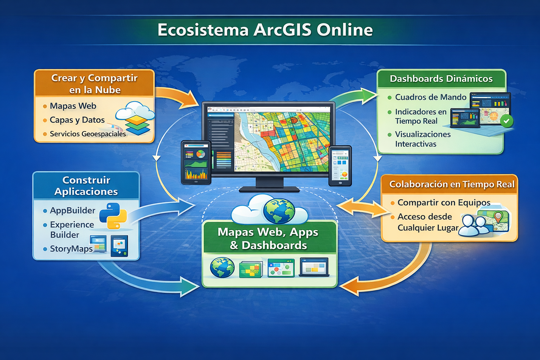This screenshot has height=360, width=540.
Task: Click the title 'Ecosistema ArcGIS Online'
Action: click(x=265, y=30)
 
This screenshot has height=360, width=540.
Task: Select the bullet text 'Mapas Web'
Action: click(x=73, y=106)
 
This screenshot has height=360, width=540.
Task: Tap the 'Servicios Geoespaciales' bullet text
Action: click(x=88, y=134)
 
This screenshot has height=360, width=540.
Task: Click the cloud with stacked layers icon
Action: click(x=136, y=118)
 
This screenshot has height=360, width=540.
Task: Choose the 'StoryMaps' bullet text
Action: click(x=71, y=249)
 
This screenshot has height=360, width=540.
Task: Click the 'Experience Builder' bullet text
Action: click(x=72, y=230)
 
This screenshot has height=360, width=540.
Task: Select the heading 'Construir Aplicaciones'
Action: click(x=86, y=186)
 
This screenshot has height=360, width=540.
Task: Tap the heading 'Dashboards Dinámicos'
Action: click(x=441, y=79)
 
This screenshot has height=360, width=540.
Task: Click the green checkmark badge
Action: click(x=506, y=121)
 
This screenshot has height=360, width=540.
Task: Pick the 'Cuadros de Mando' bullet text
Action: click(x=430, y=97)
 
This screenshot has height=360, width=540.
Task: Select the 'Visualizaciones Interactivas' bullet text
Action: click(x=423, y=139)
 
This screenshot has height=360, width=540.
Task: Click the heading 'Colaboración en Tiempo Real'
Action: click(x=452, y=184)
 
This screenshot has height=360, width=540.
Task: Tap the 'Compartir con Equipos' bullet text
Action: click(x=444, y=202)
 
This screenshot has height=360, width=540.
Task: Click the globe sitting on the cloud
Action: click(x=279, y=211)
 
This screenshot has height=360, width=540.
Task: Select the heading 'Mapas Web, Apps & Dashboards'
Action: click(x=268, y=238)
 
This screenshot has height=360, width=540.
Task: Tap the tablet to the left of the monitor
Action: click(x=196, y=162)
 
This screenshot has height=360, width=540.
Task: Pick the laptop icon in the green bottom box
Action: click(x=314, y=267)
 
